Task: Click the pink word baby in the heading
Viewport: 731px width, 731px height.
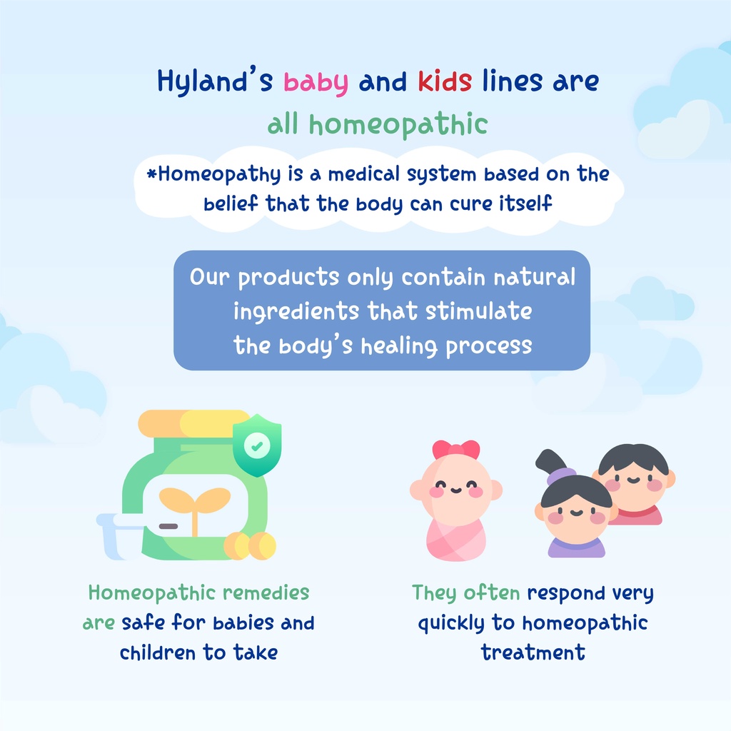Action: (316, 83)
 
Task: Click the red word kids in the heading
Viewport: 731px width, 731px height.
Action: (445, 81)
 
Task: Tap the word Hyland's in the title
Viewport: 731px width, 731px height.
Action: (215, 81)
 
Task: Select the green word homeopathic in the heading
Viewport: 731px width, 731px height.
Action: (398, 125)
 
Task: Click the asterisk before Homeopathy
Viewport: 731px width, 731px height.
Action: (151, 174)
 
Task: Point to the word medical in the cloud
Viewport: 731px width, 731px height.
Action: (364, 174)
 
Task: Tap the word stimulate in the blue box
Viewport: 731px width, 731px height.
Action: (478, 311)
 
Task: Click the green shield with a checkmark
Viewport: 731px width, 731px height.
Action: (257, 445)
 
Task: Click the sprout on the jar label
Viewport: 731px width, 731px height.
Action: (195, 508)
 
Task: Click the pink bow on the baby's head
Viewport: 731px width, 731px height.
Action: (456, 450)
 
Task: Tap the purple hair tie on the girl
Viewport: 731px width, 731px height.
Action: (560, 476)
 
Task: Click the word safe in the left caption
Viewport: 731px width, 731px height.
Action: (143, 622)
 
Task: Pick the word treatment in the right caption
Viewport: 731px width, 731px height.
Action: (533, 652)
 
